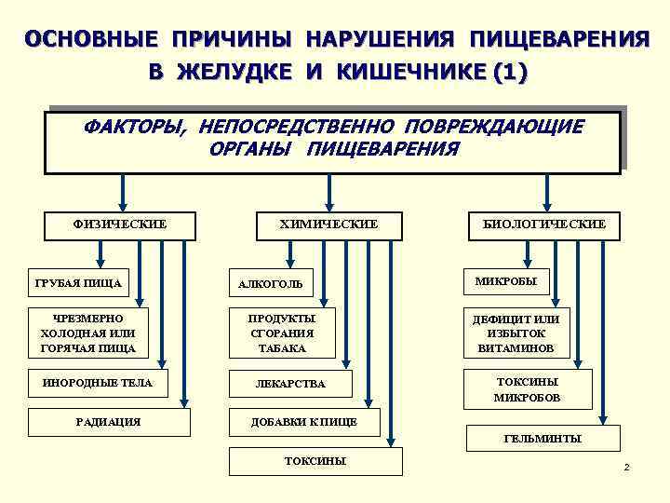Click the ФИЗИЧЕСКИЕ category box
pos(120,224)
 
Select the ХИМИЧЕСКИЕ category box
pos(329,224)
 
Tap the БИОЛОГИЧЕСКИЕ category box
pos(544,224)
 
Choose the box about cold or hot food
pos(88,333)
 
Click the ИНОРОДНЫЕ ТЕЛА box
pos(98,382)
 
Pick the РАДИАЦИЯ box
pos(109,422)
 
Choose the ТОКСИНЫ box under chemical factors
pos(315,461)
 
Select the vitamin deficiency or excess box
pos(528,333)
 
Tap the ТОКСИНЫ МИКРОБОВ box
pos(528,389)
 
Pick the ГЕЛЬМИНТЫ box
pos(543,437)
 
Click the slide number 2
pos(626,467)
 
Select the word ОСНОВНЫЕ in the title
pos(90,40)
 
